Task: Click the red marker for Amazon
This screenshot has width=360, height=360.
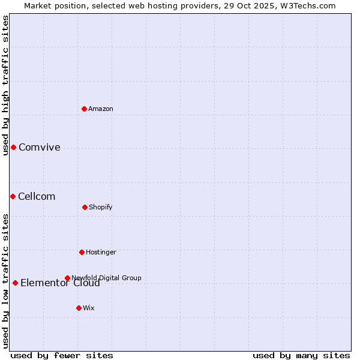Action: tap(85, 109)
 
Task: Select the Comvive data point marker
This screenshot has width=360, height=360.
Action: tap(13, 147)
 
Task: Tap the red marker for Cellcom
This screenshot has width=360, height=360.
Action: tap(13, 196)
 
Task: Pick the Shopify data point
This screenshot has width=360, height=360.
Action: tap(85, 207)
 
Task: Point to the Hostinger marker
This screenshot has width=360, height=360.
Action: tap(82, 252)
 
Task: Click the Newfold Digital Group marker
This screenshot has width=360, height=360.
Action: tap(67, 278)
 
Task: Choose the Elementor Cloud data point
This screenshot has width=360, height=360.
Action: tap(15, 283)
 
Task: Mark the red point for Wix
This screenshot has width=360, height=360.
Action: tap(79, 308)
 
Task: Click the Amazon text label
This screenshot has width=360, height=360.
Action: tap(101, 109)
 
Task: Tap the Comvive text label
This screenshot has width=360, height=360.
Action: tap(40, 148)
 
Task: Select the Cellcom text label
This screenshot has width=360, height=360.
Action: tap(37, 197)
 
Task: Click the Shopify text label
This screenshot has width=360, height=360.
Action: tap(101, 207)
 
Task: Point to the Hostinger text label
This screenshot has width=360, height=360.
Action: tap(101, 252)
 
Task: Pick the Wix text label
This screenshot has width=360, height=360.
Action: tap(89, 308)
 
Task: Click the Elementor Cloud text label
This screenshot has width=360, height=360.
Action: tap(60, 283)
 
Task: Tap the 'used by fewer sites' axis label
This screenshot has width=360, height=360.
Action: tap(62, 355)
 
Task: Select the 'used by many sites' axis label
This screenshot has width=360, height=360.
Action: tap(301, 355)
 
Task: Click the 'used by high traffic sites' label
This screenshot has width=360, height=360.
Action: tap(5, 85)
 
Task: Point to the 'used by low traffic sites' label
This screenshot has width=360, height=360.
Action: tap(5, 281)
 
